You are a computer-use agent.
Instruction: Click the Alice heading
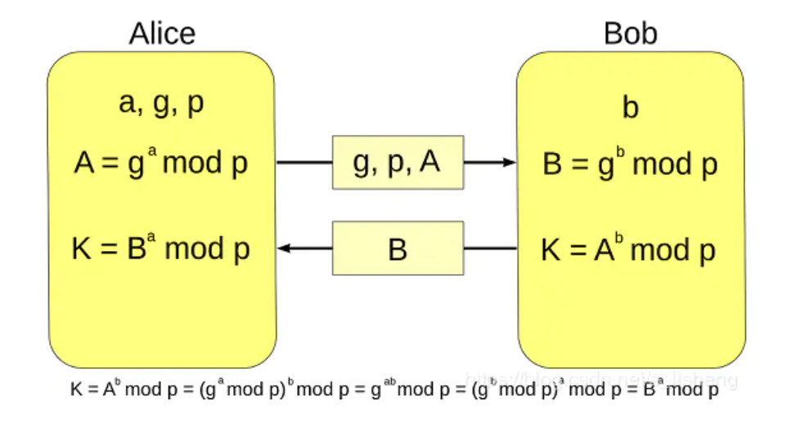pyautogui.click(x=162, y=34)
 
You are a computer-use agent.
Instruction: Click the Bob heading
pyautogui.click(x=630, y=34)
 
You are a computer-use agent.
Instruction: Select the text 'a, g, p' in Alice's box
pyautogui.click(x=162, y=106)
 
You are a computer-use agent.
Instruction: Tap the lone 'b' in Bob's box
pyautogui.click(x=631, y=109)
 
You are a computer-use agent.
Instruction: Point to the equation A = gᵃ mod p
pyautogui.click(x=161, y=164)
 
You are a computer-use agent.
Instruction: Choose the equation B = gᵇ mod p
pyautogui.click(x=630, y=165)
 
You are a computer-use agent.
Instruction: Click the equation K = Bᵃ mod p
pyautogui.click(x=161, y=249)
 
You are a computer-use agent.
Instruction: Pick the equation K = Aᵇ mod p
pyautogui.click(x=629, y=250)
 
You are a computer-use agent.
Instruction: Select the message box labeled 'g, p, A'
pyautogui.click(x=398, y=162)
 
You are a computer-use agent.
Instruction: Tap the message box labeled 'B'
pyautogui.click(x=398, y=248)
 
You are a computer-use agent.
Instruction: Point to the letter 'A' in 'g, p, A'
pyautogui.click(x=430, y=162)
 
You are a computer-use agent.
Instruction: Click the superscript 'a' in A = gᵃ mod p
pyautogui.click(x=152, y=153)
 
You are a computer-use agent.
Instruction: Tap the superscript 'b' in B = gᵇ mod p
pyautogui.click(x=621, y=154)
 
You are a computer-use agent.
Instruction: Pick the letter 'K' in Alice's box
pyautogui.click(x=82, y=249)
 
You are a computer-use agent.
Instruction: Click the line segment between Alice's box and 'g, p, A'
pyautogui.click(x=303, y=162)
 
